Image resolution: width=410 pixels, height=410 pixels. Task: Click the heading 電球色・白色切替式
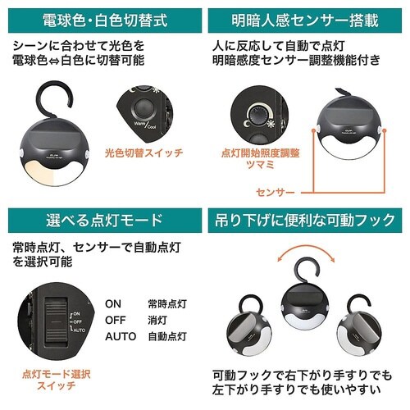tap(102, 18)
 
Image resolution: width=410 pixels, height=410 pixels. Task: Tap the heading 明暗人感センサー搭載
tap(307, 18)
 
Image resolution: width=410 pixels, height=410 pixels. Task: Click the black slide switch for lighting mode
tap(54, 319)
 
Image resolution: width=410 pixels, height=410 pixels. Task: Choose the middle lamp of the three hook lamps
tap(307, 310)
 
